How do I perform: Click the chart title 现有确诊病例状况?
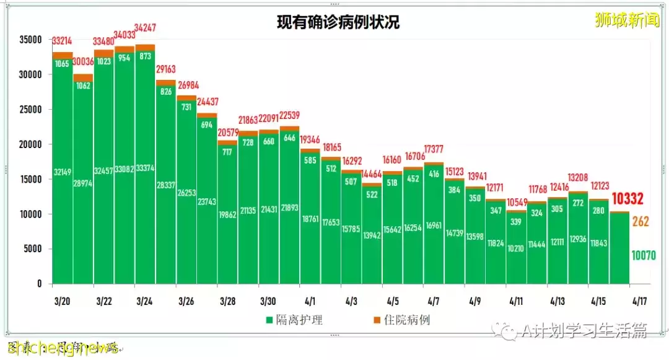(x=338, y=23)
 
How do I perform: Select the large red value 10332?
(x=628, y=199)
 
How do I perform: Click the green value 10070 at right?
(x=644, y=255)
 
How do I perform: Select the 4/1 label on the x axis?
(x=310, y=302)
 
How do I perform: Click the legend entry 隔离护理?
(x=300, y=320)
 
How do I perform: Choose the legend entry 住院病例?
(x=406, y=320)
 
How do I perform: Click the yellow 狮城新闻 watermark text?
(x=626, y=20)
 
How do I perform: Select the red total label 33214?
(x=63, y=42)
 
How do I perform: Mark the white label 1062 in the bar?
(x=82, y=86)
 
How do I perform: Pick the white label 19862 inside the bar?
(x=227, y=215)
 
